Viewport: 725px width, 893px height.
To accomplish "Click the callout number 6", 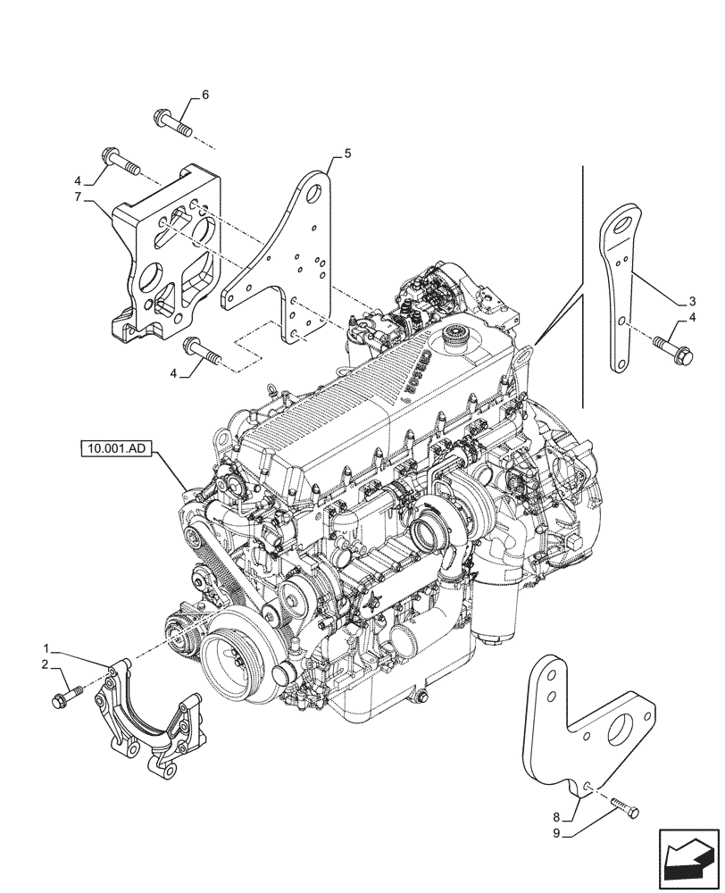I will (x=204, y=96).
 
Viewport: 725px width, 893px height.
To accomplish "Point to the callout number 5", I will (x=347, y=154).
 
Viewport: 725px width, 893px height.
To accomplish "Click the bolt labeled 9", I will (x=626, y=810).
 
